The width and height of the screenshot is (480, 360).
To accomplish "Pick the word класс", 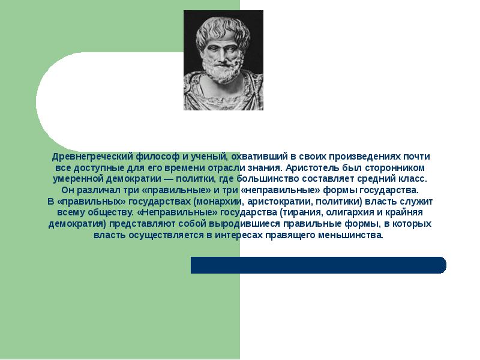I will (413, 179).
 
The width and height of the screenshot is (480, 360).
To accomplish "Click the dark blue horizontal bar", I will (318, 265).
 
